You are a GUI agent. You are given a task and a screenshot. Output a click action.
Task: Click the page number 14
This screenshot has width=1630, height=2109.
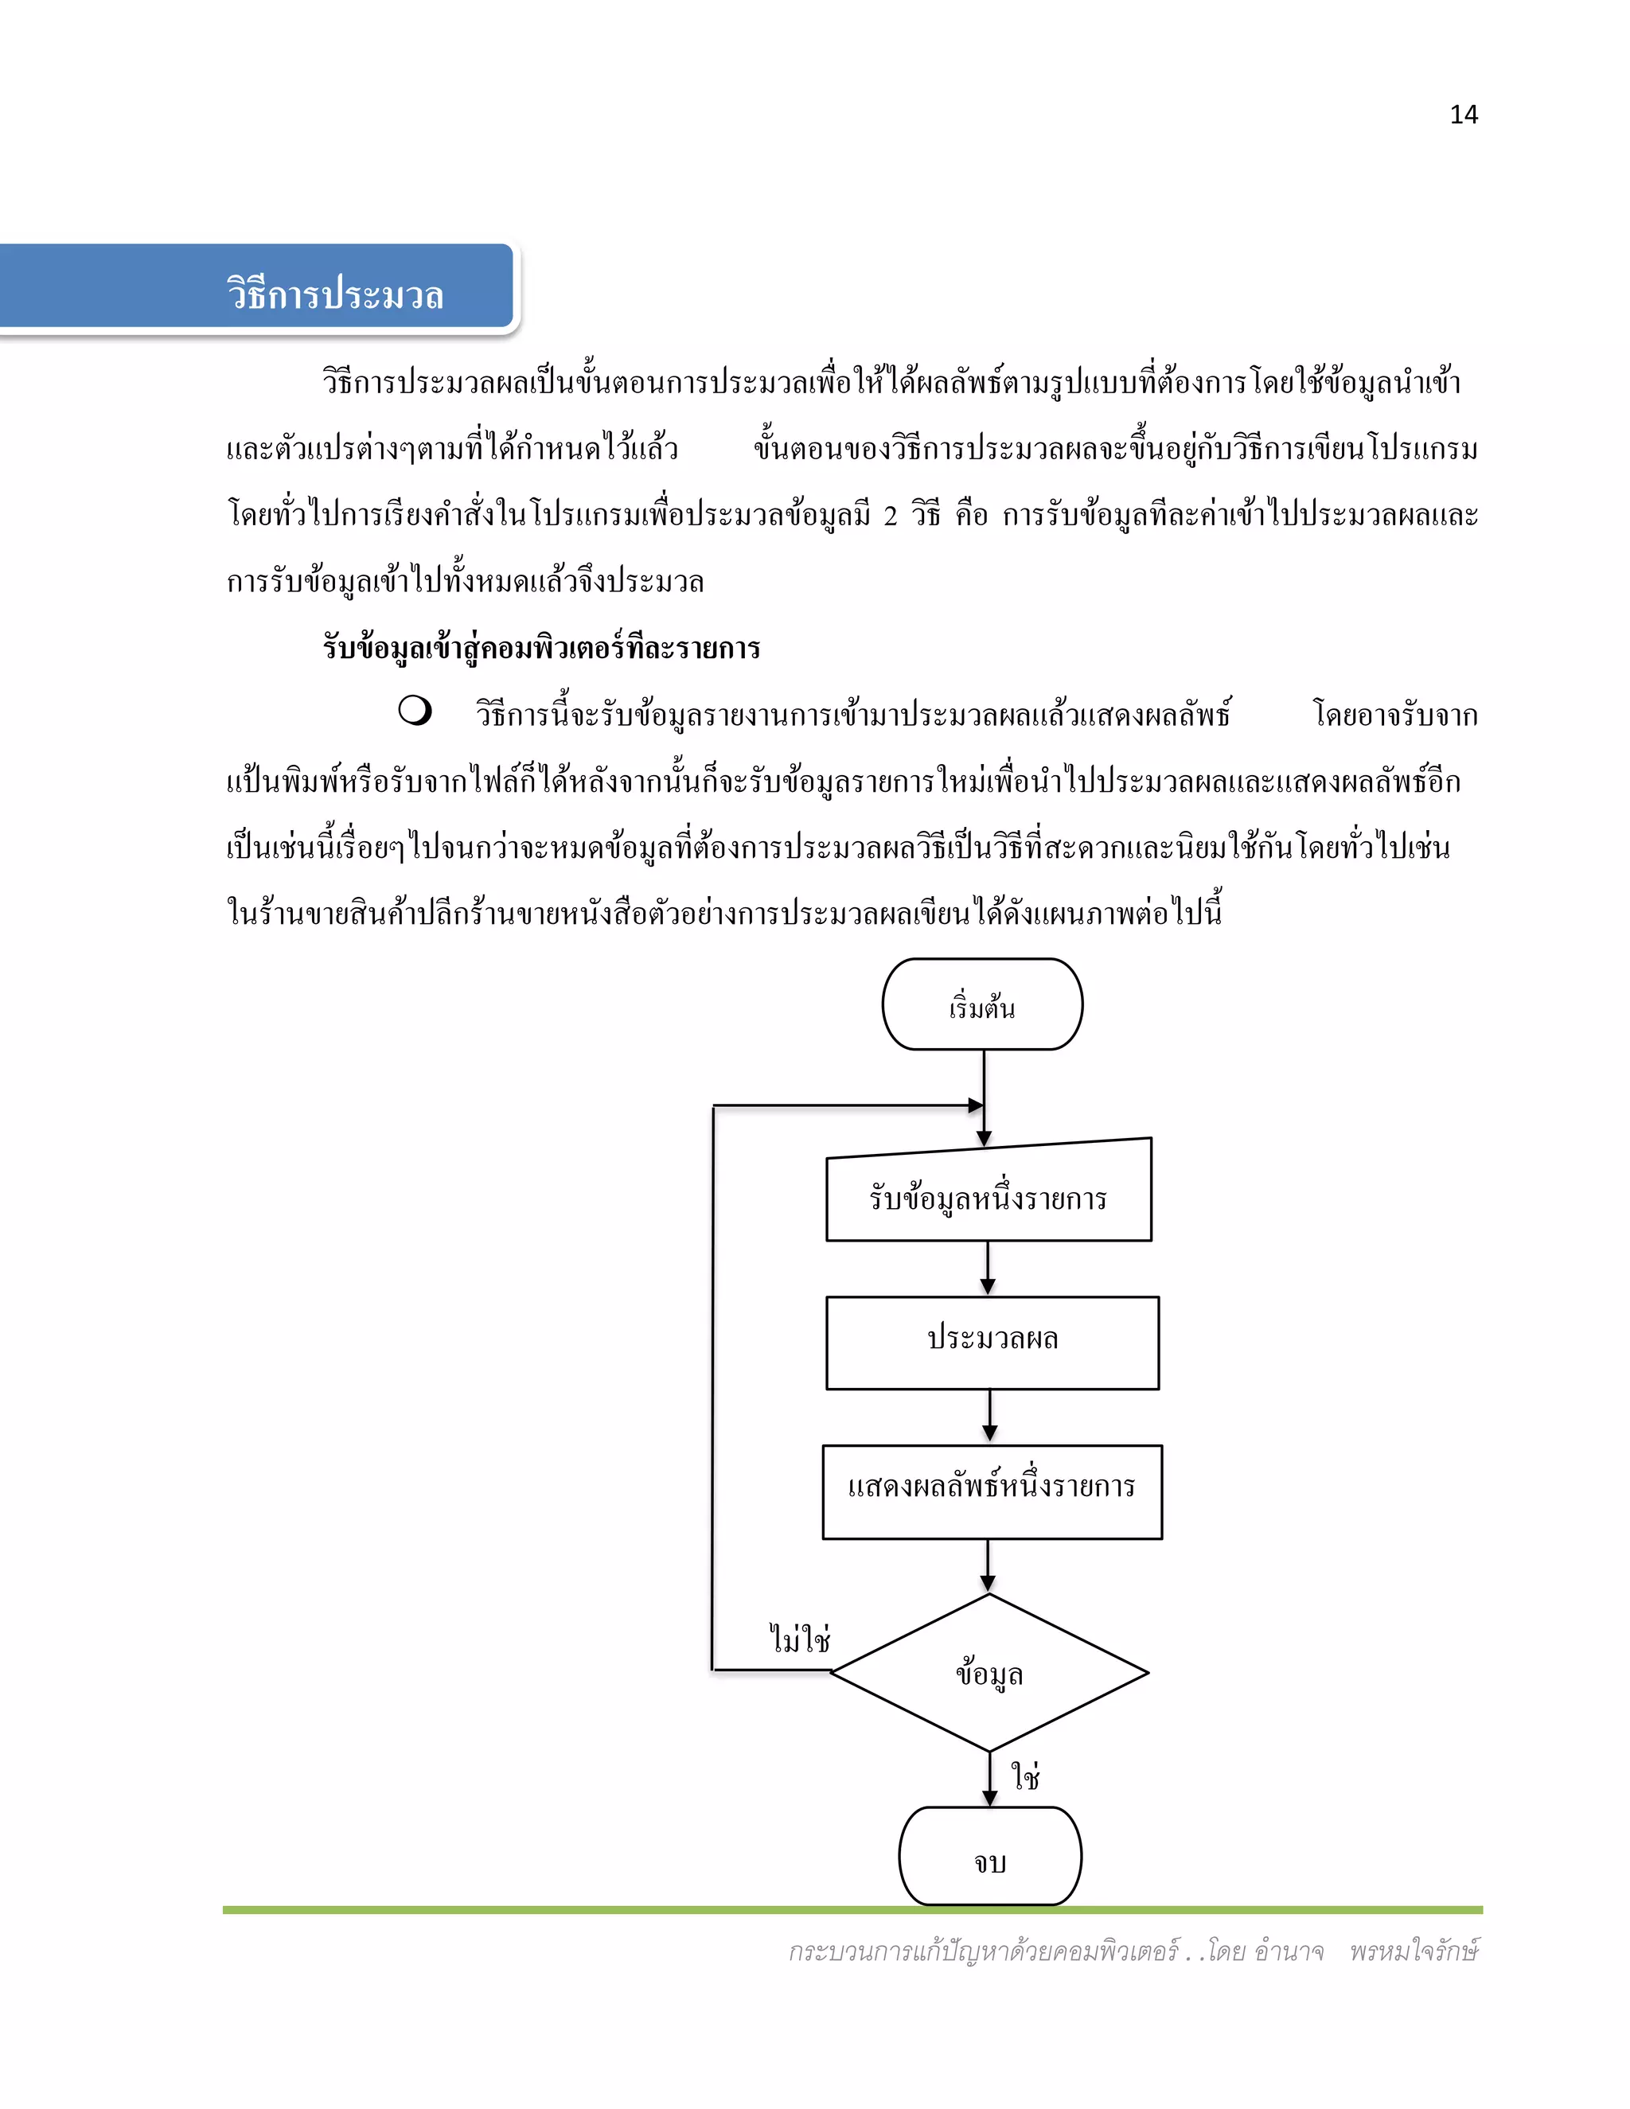[1463, 115]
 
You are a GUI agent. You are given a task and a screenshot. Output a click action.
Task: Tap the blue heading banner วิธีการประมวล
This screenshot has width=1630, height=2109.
[334, 294]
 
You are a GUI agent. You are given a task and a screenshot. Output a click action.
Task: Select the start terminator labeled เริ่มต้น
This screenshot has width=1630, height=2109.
[982, 1005]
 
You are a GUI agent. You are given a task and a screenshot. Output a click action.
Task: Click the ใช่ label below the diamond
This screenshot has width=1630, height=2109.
[1024, 1773]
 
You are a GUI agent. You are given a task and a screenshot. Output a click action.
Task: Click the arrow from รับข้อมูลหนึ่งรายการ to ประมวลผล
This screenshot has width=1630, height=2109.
[987, 1268]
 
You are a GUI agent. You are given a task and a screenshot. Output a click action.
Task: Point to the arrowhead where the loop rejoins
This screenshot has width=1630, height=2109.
[977, 1105]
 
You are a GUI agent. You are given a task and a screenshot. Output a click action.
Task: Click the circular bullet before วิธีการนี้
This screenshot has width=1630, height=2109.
[414, 711]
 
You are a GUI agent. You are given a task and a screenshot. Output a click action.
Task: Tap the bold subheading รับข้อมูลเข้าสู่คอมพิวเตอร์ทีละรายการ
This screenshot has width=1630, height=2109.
[542, 647]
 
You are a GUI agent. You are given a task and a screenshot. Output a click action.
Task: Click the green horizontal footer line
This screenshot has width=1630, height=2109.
[852, 1910]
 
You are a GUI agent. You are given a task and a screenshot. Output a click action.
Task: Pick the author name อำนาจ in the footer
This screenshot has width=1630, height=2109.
[1289, 1951]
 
